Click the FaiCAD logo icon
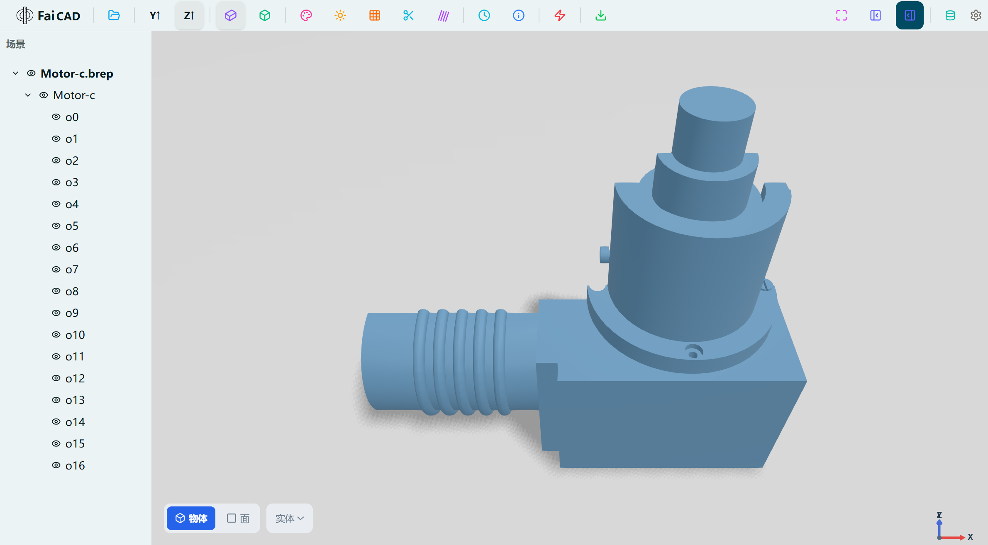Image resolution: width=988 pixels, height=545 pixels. [24, 15]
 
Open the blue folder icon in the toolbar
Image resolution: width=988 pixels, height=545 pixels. [114, 15]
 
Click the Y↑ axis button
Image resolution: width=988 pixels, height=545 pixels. [155, 15]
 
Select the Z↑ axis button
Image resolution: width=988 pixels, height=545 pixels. [189, 15]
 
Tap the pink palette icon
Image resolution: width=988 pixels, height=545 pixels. [306, 15]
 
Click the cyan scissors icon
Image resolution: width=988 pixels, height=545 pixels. [408, 15]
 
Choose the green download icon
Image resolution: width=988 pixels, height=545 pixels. [600, 15]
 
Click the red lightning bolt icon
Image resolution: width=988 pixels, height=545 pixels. [560, 15]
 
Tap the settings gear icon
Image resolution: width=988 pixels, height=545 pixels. [976, 15]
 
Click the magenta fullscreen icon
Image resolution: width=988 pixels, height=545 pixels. [842, 15]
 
